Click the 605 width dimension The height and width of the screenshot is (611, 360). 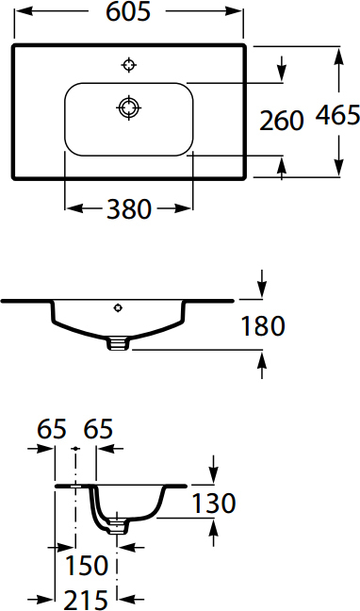coord(129,12)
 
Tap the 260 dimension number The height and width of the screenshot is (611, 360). coord(282,120)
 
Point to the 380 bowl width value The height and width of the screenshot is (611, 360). coord(128,209)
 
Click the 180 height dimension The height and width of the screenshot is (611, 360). coord(263,326)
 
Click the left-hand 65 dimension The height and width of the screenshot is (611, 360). coord(52,429)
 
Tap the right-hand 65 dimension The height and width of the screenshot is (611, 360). coord(98,429)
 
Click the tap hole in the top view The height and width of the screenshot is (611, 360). coord(129,65)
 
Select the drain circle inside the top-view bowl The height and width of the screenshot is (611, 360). coord(128,107)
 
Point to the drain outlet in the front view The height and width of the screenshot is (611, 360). coord(118,343)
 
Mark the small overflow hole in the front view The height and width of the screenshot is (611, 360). coord(118,306)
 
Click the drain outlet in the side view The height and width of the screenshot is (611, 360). coord(117,526)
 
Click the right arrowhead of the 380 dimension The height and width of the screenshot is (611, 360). coord(186,208)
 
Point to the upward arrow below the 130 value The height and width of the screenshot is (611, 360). coord(213,529)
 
